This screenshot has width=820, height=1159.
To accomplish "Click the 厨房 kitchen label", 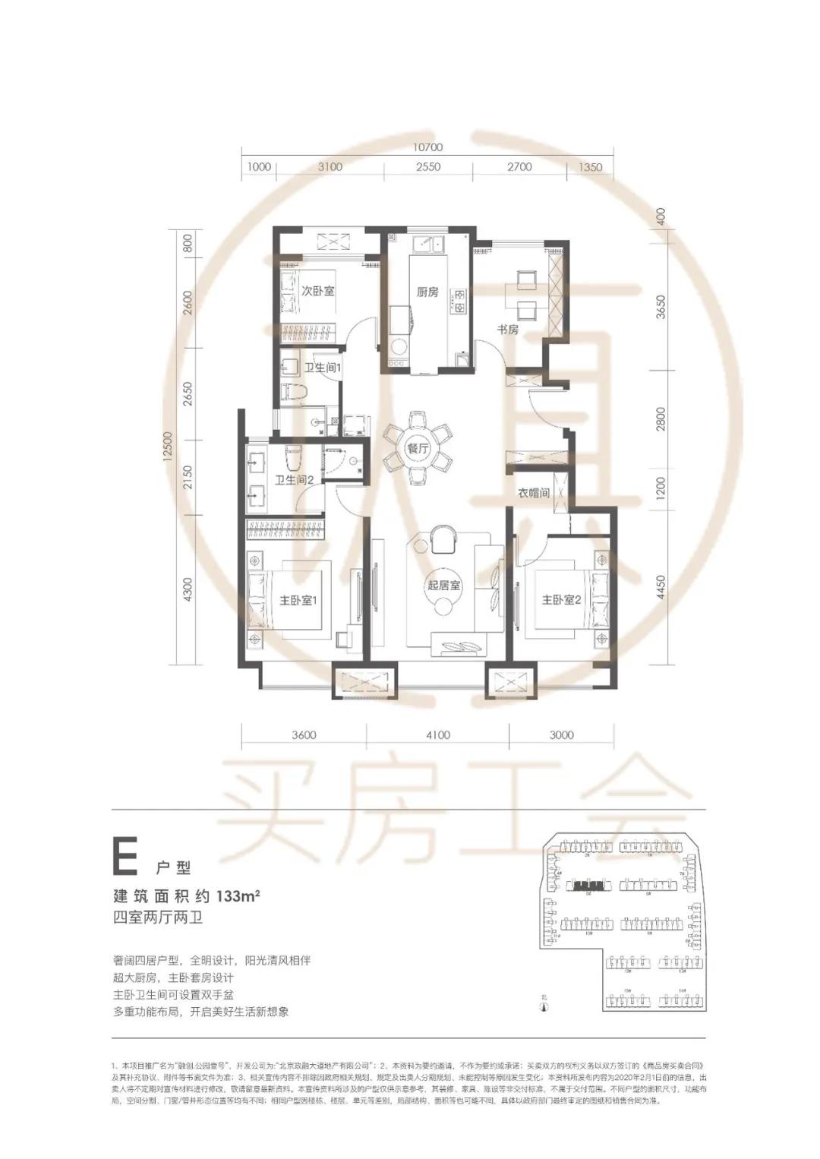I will [427, 292].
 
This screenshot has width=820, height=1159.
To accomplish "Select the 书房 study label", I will [508, 330].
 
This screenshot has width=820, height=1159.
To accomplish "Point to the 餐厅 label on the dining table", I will [418, 448].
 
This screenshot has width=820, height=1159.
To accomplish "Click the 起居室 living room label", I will [444, 586].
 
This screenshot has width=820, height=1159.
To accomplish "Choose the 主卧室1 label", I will [298, 600].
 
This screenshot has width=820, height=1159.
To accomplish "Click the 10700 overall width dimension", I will [427, 147].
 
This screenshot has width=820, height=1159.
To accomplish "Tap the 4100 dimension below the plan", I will [437, 734].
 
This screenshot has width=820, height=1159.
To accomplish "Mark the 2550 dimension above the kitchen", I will [427, 167].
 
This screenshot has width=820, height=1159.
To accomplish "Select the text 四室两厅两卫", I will [157, 916].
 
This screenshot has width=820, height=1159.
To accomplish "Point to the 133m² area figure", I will [238, 894].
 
